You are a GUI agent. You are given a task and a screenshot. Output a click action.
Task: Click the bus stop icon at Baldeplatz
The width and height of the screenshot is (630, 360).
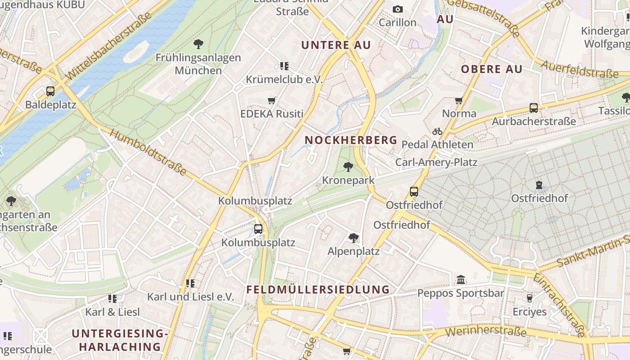(x=50, y=91)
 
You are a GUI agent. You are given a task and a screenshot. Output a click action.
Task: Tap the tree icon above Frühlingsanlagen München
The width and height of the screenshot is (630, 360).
(x=198, y=44)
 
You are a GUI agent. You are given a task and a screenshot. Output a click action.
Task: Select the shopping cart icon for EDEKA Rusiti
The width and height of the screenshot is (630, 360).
(x=271, y=100)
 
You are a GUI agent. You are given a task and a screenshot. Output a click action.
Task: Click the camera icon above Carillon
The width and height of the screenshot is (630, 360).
(x=397, y=9)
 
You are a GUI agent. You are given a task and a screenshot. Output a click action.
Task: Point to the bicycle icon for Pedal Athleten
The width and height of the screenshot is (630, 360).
(x=437, y=131)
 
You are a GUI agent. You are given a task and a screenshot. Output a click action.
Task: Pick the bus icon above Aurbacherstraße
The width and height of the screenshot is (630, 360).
(x=533, y=108)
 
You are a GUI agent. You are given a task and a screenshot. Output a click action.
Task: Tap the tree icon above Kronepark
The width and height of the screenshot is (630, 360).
(x=348, y=167)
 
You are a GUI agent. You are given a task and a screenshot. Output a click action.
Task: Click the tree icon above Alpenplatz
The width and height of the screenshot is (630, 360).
(x=354, y=238)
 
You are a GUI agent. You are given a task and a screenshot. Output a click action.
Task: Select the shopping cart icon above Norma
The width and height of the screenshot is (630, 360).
(x=459, y=100)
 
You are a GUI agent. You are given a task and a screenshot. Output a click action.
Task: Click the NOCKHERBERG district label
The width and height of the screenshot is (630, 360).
(x=351, y=140)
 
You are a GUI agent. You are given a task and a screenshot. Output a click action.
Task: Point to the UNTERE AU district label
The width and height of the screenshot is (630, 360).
(x=336, y=45)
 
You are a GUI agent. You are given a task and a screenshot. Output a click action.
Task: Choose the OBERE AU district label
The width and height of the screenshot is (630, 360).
(x=491, y=69)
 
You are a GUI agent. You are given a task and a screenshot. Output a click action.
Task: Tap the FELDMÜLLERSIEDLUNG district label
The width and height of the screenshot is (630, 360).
(x=318, y=289)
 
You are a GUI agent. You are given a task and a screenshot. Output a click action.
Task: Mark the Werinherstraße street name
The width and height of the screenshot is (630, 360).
(x=486, y=332)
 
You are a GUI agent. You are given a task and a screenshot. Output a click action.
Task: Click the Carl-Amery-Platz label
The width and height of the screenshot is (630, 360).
(x=436, y=162)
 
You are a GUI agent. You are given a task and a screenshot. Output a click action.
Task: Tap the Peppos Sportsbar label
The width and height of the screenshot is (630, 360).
(x=460, y=293)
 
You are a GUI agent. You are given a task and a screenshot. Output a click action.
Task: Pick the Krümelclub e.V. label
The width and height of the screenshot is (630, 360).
(x=284, y=79)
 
